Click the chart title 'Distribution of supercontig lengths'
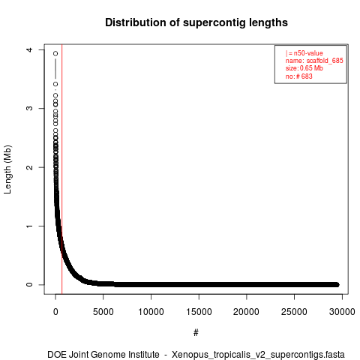click(x=196, y=22)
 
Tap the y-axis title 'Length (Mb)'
click(x=7, y=169)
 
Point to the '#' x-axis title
click(x=196, y=332)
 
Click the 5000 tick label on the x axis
click(x=103, y=312)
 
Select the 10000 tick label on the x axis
click(x=151, y=312)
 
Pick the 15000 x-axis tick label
click(x=199, y=312)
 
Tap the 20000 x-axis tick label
click(x=246, y=312)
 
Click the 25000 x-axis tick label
click(x=294, y=312)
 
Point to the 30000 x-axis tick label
click(x=342, y=312)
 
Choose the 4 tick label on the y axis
click(x=29, y=49)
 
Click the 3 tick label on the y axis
click(x=29, y=108)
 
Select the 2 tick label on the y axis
click(x=29, y=167)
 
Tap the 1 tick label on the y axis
click(x=29, y=226)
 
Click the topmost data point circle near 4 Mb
click(x=55, y=53)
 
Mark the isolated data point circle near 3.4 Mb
click(x=55, y=84)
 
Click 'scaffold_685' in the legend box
click(x=325, y=61)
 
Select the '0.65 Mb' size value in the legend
click(x=311, y=68)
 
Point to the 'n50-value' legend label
click(x=308, y=53)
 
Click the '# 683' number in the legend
click(x=304, y=76)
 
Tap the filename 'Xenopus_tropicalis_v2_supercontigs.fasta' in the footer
click(x=258, y=355)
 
